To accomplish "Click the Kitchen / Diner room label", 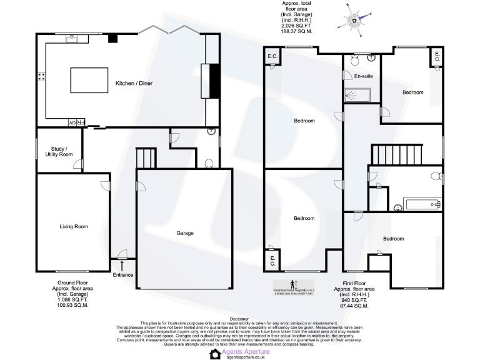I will click(x=134, y=83).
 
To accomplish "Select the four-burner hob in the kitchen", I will click(x=42, y=77).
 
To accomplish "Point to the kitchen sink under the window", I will click(x=72, y=39).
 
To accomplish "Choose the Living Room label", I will click(x=73, y=226).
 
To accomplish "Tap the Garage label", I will click(x=184, y=233).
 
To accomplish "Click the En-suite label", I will click(x=363, y=76).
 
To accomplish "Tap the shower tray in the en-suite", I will click(x=357, y=96).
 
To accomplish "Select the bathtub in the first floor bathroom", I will click(x=423, y=204).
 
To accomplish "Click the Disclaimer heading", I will click(x=239, y=318).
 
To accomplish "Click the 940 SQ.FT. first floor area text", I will click(x=354, y=301).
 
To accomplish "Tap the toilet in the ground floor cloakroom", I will click(x=209, y=164).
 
